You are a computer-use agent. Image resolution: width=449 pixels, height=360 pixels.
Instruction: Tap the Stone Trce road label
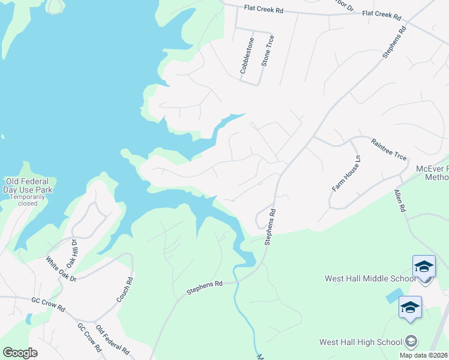[x=268, y=51]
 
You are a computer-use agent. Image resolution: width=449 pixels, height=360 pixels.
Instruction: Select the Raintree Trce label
[x=389, y=149]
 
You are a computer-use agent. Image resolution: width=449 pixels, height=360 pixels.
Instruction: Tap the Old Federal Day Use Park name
[x=29, y=185]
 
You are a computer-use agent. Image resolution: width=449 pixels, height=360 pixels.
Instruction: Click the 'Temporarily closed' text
[x=28, y=200]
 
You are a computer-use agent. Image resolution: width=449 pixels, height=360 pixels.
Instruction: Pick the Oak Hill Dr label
[x=73, y=253]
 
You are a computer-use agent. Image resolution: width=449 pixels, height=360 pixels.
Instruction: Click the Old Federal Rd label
[x=113, y=340]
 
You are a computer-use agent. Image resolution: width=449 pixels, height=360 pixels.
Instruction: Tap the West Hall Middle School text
[x=370, y=278]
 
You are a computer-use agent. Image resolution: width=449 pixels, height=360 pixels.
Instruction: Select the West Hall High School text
[x=360, y=342]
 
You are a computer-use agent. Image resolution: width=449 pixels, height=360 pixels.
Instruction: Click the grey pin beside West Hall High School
[x=411, y=341]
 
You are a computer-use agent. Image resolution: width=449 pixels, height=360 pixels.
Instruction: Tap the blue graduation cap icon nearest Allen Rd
[x=424, y=266]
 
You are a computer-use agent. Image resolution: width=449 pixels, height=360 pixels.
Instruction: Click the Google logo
[x=20, y=353]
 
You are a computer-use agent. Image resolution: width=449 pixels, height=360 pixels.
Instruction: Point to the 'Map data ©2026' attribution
[x=424, y=355]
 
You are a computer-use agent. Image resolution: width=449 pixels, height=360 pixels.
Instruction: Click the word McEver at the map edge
[x=432, y=169]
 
